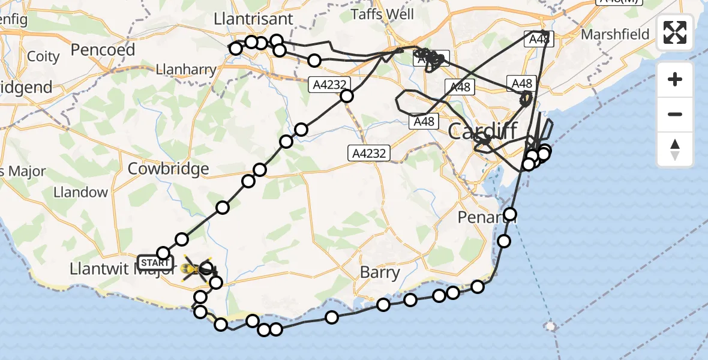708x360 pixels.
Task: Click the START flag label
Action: click(x=155, y=263)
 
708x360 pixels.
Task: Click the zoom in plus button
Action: click(x=675, y=80)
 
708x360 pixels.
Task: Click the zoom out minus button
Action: click(x=675, y=114)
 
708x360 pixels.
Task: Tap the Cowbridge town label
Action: click(x=169, y=169)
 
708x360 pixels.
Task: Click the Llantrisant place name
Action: click(x=254, y=19)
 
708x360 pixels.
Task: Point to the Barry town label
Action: click(x=380, y=273)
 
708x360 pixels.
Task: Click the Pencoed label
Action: click(x=103, y=50)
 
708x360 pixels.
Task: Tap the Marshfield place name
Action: click(x=615, y=34)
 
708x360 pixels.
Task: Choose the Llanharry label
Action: click(x=185, y=70)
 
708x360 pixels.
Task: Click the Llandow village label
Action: click(x=81, y=193)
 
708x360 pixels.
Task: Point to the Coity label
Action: click(x=44, y=57)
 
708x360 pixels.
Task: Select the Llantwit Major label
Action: click(x=109, y=269)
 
